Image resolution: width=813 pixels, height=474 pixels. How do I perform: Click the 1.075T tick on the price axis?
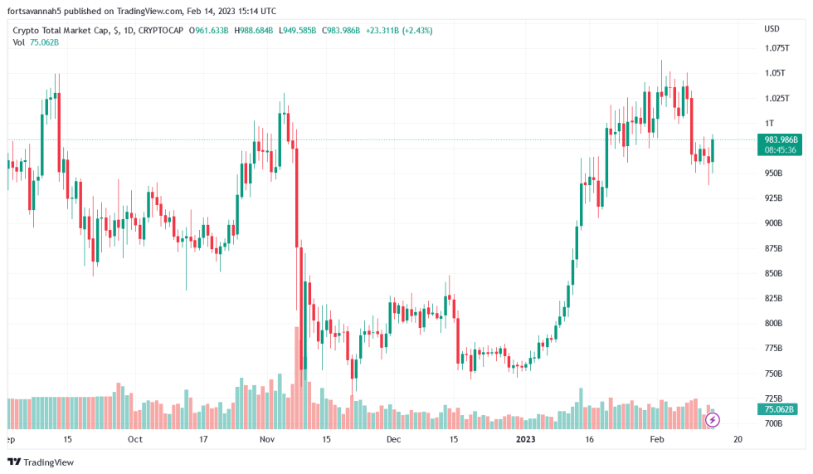(x=776, y=48)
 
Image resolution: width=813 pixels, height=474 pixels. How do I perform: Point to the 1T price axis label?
(x=769, y=123)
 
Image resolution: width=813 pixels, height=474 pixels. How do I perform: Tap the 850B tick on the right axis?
(x=773, y=273)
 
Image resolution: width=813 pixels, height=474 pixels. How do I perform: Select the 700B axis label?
(x=773, y=423)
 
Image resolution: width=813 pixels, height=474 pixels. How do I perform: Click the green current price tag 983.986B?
(x=781, y=139)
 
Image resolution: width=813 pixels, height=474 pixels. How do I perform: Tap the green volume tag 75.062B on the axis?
(x=779, y=409)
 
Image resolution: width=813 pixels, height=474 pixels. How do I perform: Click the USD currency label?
(x=772, y=28)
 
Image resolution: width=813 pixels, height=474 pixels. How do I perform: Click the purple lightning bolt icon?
(x=712, y=420)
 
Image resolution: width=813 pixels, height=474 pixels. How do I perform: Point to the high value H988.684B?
(x=252, y=31)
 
